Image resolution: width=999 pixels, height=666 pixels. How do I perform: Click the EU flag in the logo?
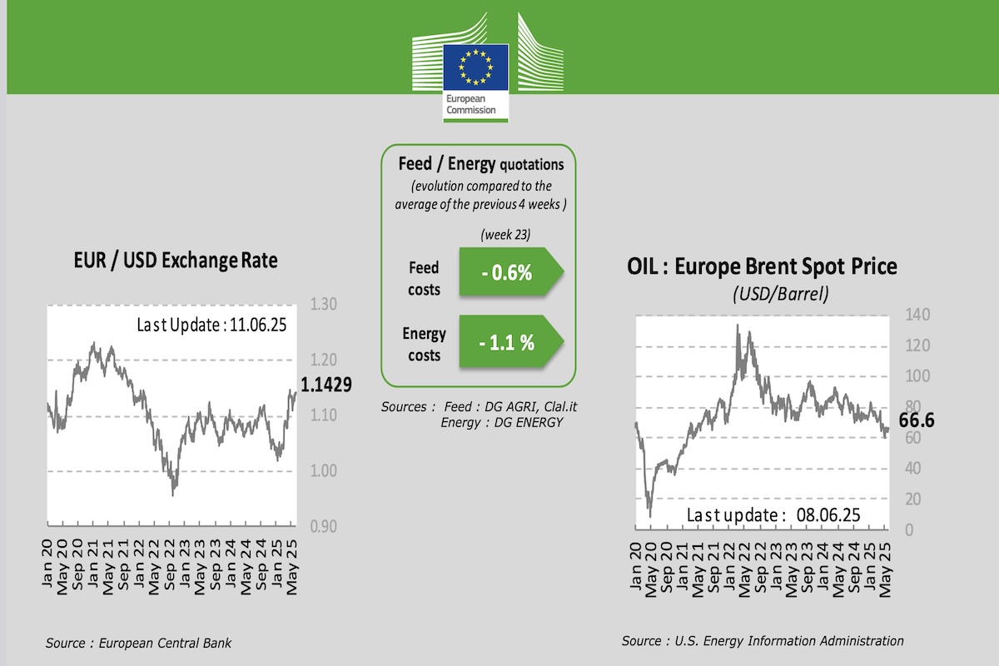tap(475, 65)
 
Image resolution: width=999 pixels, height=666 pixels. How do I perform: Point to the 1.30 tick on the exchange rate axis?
tap(323, 305)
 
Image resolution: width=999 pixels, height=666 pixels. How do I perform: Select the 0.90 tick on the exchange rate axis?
tap(323, 526)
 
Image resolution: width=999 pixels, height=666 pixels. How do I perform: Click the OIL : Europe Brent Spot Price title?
tap(762, 266)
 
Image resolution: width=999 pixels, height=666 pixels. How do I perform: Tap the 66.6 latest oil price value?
tap(917, 421)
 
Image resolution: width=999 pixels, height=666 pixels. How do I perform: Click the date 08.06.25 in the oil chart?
tap(824, 514)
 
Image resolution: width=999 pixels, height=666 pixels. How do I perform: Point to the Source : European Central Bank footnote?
tap(139, 643)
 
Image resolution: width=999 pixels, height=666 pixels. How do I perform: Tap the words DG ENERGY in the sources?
tap(529, 423)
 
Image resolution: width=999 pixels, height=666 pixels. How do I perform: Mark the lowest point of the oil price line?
tap(650, 516)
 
